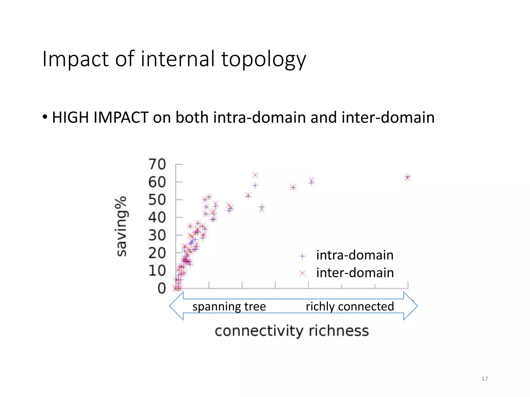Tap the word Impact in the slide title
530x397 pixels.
coord(75,59)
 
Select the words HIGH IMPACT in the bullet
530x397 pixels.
coord(100,118)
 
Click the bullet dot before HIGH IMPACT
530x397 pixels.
coord(45,117)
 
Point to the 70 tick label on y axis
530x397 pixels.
coord(157,164)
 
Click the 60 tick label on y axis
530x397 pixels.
coord(157,182)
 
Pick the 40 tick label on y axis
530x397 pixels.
coord(157,218)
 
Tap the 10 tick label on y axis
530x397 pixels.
coord(157,271)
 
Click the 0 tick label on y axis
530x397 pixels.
coord(162,288)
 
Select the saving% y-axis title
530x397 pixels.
coord(121,226)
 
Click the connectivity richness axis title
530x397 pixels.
coord(292,331)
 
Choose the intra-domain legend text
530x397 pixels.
coord(355,255)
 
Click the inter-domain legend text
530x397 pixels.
coord(355,273)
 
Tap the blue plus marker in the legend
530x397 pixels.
coord(302,256)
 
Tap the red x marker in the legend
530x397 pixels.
coord(302,273)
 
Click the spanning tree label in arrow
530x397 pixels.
coord(229,307)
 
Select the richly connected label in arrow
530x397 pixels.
coord(350,307)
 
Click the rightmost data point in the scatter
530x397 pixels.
coord(408,177)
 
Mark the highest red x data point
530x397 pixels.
coord(255,175)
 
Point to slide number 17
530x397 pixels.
coord(485,379)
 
